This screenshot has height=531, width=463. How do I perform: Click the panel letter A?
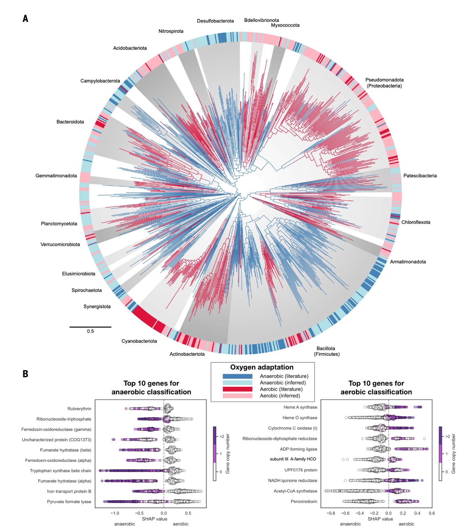coord(25,19)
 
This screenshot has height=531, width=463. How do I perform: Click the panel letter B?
coord(25,374)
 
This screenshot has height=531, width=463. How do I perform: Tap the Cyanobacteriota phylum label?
coord(139,341)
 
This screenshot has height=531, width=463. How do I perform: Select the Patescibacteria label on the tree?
coord(420,176)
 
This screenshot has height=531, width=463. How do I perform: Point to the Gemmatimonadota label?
coord(56,176)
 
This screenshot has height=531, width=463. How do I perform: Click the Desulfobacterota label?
coord(215,21)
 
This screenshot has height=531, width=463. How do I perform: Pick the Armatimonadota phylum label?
coord(408,262)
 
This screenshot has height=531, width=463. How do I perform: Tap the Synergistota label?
coord(97,306)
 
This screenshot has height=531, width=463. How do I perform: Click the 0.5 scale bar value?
coord(90,331)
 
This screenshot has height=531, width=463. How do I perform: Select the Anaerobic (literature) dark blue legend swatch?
coord(237,376)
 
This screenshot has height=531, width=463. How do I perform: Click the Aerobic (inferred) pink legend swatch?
coord(237,396)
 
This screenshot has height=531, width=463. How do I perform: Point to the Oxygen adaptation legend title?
coord(262,367)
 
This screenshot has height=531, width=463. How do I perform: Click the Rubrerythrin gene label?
coord(79,409)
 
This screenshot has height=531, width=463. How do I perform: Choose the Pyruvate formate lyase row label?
coord(69,502)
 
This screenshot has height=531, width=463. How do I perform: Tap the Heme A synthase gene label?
coord(300,407)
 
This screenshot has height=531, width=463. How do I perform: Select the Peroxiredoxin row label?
coord(304,502)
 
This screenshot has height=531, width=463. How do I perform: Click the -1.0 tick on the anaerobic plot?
coord(115,514)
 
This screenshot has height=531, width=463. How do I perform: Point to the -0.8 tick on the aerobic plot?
coord(330,514)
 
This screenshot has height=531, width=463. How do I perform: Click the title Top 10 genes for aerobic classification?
coord(376,388)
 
